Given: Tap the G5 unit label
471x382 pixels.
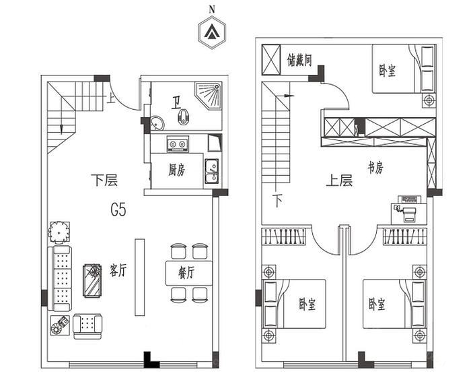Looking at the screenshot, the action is pos(118,210).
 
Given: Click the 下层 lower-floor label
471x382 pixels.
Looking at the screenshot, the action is pos(104,180).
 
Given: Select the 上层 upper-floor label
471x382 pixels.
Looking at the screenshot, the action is pos(339,181).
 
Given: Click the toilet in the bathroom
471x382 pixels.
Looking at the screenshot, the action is pos(182,117).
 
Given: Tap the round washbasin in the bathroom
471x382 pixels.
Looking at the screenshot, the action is pos(157,123).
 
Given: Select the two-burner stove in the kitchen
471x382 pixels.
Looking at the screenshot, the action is pos(178,144).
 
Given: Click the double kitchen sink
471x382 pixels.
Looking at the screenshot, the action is pos(212,171).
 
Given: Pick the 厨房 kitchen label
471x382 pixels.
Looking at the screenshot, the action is pos(176,170).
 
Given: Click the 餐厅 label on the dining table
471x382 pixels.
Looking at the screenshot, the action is pos(186,273).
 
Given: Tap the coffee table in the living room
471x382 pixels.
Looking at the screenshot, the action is pos(93,281).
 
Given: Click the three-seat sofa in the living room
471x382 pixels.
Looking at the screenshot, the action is pos(60,278).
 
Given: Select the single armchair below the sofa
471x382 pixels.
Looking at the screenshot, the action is pos(87,327).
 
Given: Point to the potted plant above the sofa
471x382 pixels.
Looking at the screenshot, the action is pos(59,232).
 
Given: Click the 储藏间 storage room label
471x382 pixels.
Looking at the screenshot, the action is pos(299,60).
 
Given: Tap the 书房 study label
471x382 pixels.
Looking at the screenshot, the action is pos(375,167).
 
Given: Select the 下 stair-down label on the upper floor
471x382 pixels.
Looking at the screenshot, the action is pos(277,201).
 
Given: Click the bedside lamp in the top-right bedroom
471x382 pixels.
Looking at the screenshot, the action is pos(429,100).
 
